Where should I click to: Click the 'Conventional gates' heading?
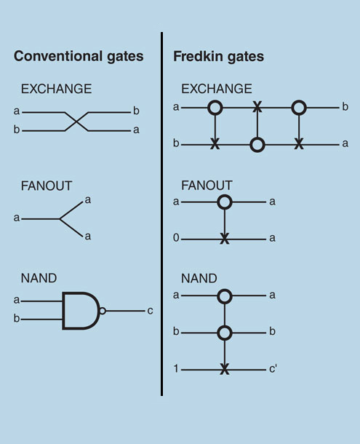[79, 57]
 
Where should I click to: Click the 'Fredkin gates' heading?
[218, 57]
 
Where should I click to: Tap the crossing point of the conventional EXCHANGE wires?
[76, 122]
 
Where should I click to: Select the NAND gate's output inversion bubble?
[103, 311]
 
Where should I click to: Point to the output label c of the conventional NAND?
[150, 311]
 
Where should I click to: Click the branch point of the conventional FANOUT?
[60, 219]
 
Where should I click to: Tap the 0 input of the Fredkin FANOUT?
[176, 238]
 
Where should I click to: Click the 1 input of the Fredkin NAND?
[176, 369]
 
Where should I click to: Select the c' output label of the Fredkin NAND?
[273, 369]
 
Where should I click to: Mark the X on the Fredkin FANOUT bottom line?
[225, 239]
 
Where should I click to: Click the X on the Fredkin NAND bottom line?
[225, 370]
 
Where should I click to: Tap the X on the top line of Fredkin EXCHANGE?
[257, 107]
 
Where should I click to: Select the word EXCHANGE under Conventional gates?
[56, 89]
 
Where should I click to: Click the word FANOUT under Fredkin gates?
[207, 186]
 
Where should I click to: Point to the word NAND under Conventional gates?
[39, 278]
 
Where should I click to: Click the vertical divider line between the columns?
[161, 214]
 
